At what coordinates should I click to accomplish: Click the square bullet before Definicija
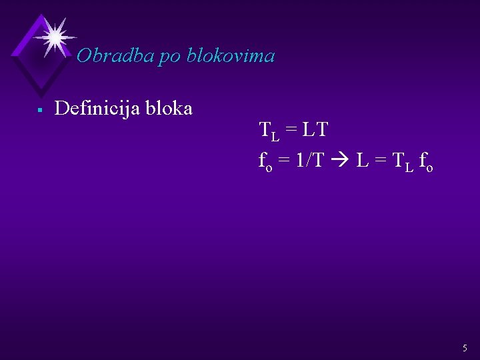(x=40, y=109)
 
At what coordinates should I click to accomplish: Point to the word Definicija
(x=95, y=108)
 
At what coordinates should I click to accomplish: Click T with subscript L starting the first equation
(x=269, y=131)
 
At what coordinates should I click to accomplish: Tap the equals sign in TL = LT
(x=291, y=130)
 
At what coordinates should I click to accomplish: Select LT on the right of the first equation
(x=315, y=129)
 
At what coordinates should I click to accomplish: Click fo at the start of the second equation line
(x=265, y=161)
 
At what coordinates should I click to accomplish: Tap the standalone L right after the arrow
(x=362, y=161)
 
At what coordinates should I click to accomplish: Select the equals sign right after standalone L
(x=381, y=161)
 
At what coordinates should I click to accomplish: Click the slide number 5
(x=465, y=348)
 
